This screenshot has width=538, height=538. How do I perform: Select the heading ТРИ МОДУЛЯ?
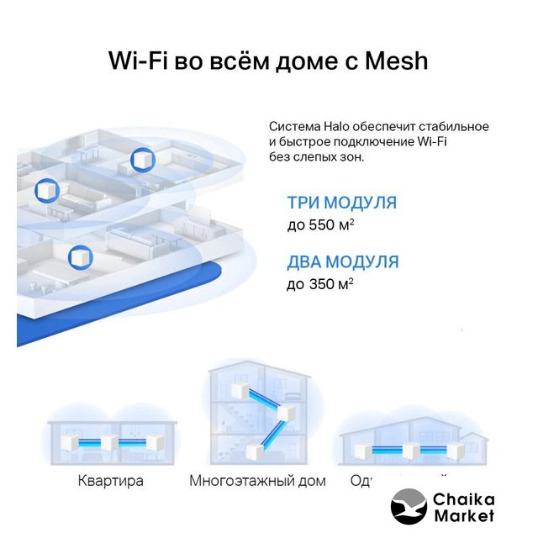pyautogui.click(x=341, y=203)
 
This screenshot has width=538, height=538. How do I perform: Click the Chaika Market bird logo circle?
pyautogui.click(x=409, y=507)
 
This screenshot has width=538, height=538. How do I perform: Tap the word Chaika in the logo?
pyautogui.click(x=464, y=499)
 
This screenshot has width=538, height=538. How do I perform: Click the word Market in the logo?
pyautogui.click(x=464, y=515)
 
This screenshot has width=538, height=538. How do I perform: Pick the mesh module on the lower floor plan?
pyautogui.click(x=80, y=256)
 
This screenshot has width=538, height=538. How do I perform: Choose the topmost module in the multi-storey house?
pyautogui.click(x=239, y=391)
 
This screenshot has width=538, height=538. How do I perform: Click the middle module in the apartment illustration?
pyautogui.click(x=108, y=443)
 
